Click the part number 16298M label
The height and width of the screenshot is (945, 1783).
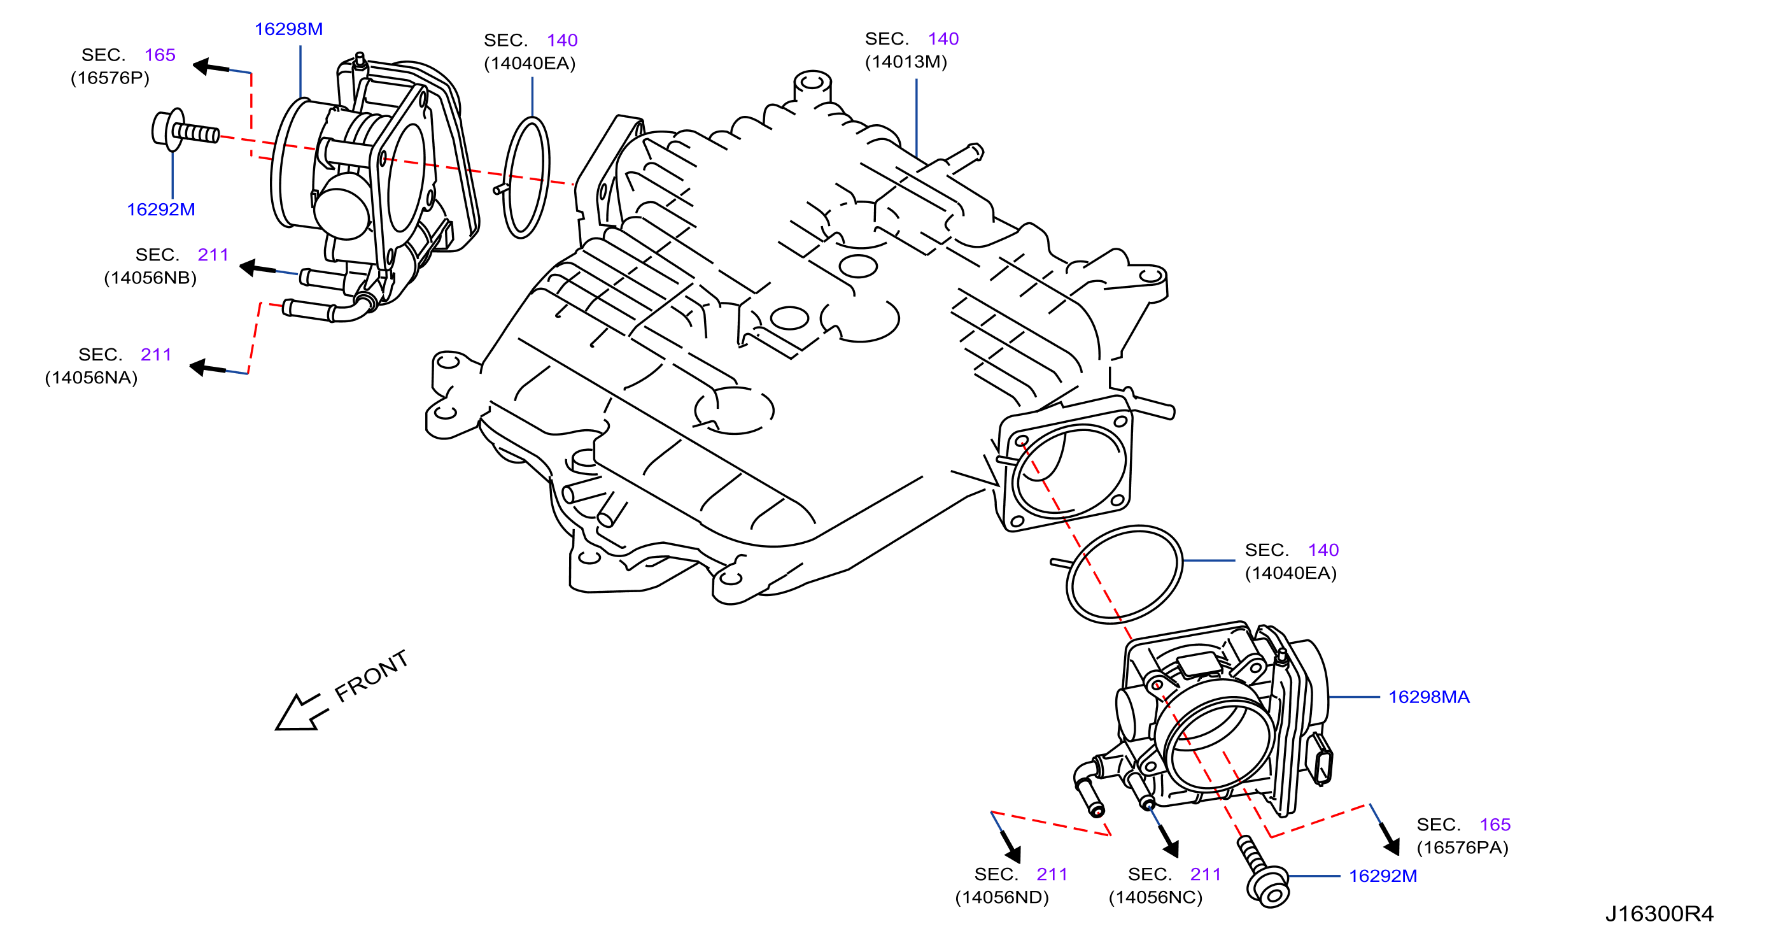pos(288,29)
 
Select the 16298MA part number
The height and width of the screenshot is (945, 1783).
pos(1428,697)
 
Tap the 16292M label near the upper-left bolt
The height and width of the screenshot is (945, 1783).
pos(160,209)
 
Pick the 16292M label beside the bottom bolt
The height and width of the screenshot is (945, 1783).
pos(1382,876)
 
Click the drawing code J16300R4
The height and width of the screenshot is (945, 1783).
pos(1659,914)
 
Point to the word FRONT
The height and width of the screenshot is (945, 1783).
pos(372,676)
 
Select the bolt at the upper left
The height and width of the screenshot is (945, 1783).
pos(185,130)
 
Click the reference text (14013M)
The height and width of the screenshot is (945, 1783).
pos(905,62)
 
